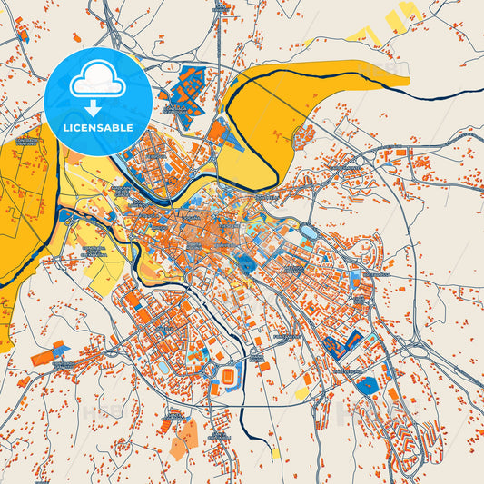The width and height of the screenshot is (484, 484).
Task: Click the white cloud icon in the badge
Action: click(x=96, y=82)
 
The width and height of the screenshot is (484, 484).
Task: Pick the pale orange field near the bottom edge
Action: click(x=182, y=437)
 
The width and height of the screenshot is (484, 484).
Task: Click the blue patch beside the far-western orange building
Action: click(x=60, y=348)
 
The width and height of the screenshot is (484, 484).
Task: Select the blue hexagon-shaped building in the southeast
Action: click(x=366, y=385)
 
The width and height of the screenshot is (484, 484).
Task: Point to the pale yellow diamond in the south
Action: click(x=302, y=393)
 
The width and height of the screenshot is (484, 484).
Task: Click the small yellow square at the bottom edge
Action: click(x=275, y=451)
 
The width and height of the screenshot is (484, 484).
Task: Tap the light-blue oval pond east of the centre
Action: click(x=309, y=232)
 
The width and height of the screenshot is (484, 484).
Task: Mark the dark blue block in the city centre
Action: click(x=245, y=263)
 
